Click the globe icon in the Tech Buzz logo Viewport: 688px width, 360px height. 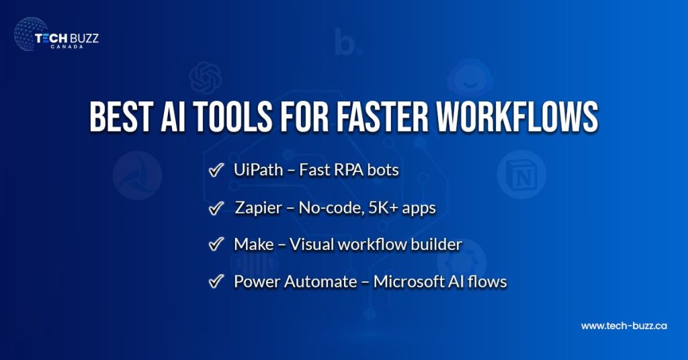[31, 36]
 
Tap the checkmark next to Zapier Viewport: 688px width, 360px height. [216, 209]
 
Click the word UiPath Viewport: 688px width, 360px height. [256, 171]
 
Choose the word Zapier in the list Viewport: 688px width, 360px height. [259, 208]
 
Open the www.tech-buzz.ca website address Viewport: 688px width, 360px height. [623, 326]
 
